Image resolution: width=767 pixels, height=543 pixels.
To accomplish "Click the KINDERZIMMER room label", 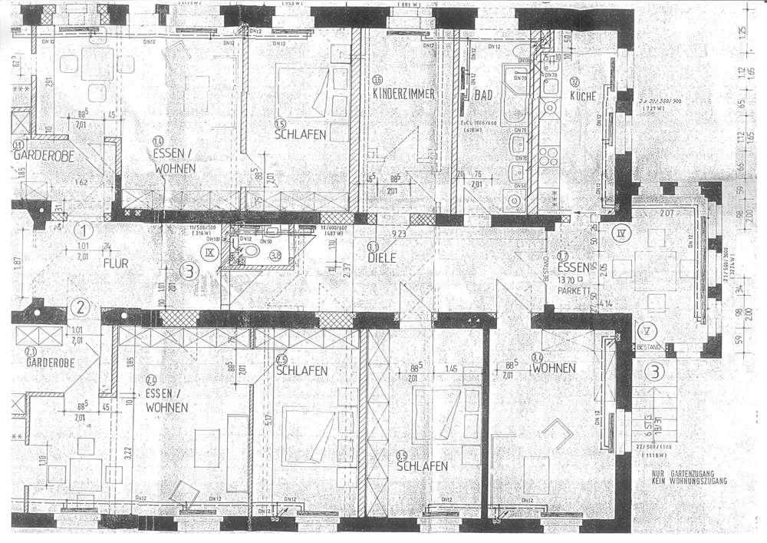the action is pos(403,94).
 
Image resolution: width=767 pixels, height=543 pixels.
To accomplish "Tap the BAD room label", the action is pos(482,95).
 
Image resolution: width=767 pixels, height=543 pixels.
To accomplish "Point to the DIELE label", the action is pos(381,258).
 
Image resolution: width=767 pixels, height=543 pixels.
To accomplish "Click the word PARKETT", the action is pos(574,290).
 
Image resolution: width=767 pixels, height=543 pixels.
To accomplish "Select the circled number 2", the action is pos(80,309).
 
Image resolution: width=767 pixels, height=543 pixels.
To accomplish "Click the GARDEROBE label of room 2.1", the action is pos(50,363).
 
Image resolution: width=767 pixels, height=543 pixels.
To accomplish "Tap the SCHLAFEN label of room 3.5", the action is pos(422,466).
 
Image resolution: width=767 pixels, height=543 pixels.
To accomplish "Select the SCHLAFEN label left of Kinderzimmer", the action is pos(301,134).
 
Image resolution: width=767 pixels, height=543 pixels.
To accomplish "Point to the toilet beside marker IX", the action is pos(252,253).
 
